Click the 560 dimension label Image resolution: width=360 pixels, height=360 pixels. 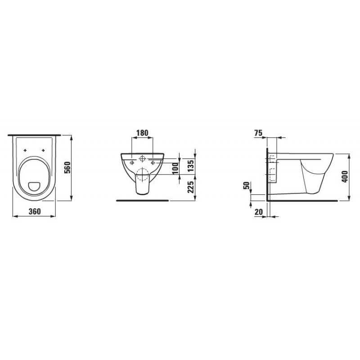click(67, 167)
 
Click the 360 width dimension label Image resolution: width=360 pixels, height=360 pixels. click(35, 211)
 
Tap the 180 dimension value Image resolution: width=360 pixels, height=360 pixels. click(142, 133)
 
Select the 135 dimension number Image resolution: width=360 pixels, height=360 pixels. click(190, 166)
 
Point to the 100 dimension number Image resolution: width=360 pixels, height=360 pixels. click(175, 168)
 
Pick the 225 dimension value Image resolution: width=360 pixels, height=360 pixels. click(190, 186)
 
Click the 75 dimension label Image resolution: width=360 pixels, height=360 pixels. click(258, 133)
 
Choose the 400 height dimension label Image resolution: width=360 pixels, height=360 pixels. click(345, 176)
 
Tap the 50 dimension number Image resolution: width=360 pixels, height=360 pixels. click(246, 185)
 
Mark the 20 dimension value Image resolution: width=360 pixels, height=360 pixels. click(258, 212)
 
